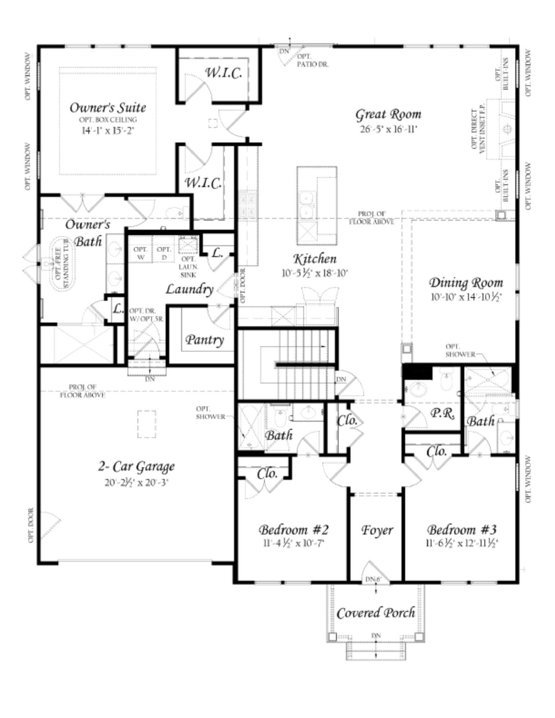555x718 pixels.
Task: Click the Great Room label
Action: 388,115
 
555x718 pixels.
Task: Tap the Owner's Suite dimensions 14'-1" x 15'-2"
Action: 108,130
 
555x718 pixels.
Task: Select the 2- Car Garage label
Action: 137,467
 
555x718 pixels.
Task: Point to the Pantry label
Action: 205,339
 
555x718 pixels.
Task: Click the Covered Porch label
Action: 376,613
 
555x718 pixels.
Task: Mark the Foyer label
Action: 377,530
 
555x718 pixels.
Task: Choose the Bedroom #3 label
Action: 462,530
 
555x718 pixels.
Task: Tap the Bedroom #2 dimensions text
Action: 294,543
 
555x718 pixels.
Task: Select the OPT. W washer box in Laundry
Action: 141,253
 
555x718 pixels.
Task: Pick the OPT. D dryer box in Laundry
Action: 164,253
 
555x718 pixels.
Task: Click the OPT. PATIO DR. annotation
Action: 312,61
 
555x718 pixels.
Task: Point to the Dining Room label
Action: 466,283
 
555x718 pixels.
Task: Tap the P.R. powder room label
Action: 443,414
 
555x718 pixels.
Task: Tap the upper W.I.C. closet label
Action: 223,73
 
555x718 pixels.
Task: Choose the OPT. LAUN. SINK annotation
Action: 188,267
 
